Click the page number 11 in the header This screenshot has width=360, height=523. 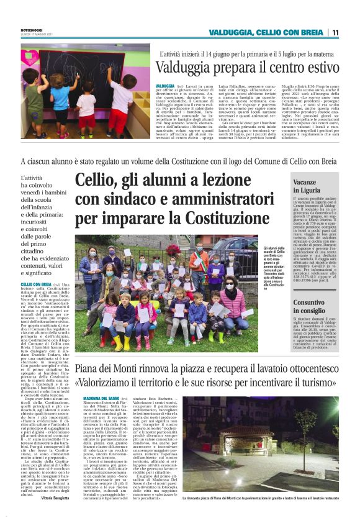point(335,32)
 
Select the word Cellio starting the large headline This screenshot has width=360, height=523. point(94,180)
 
